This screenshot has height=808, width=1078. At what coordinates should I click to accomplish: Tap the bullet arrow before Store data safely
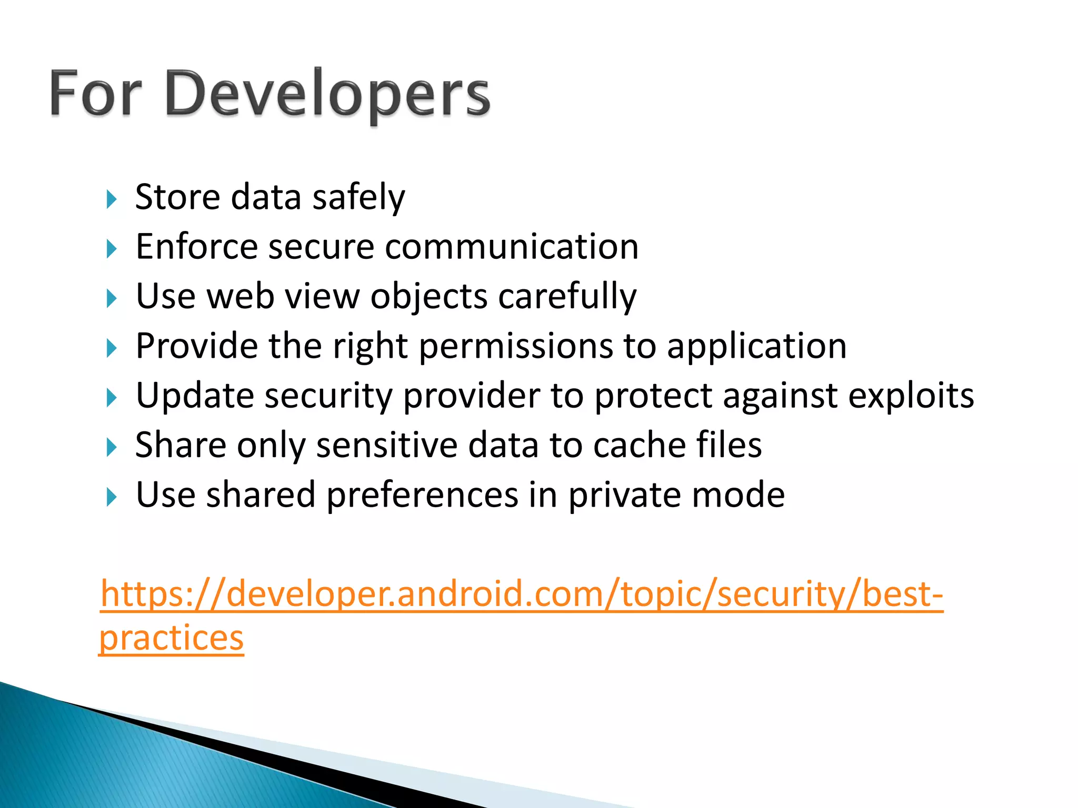(x=111, y=199)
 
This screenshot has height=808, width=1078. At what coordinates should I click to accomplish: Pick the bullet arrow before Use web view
(x=111, y=299)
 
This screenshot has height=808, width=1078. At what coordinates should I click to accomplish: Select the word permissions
(x=516, y=347)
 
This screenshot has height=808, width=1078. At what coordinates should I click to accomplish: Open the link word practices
(x=172, y=639)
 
